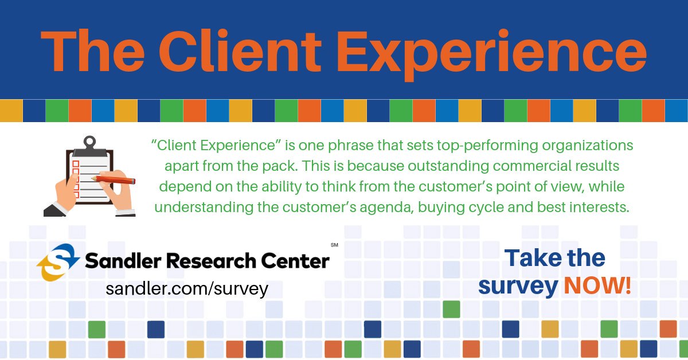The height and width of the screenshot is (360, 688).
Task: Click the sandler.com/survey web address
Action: [187, 288]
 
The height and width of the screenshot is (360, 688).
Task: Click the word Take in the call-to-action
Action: [529, 258]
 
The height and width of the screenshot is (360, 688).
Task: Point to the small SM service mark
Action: [334, 245]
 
